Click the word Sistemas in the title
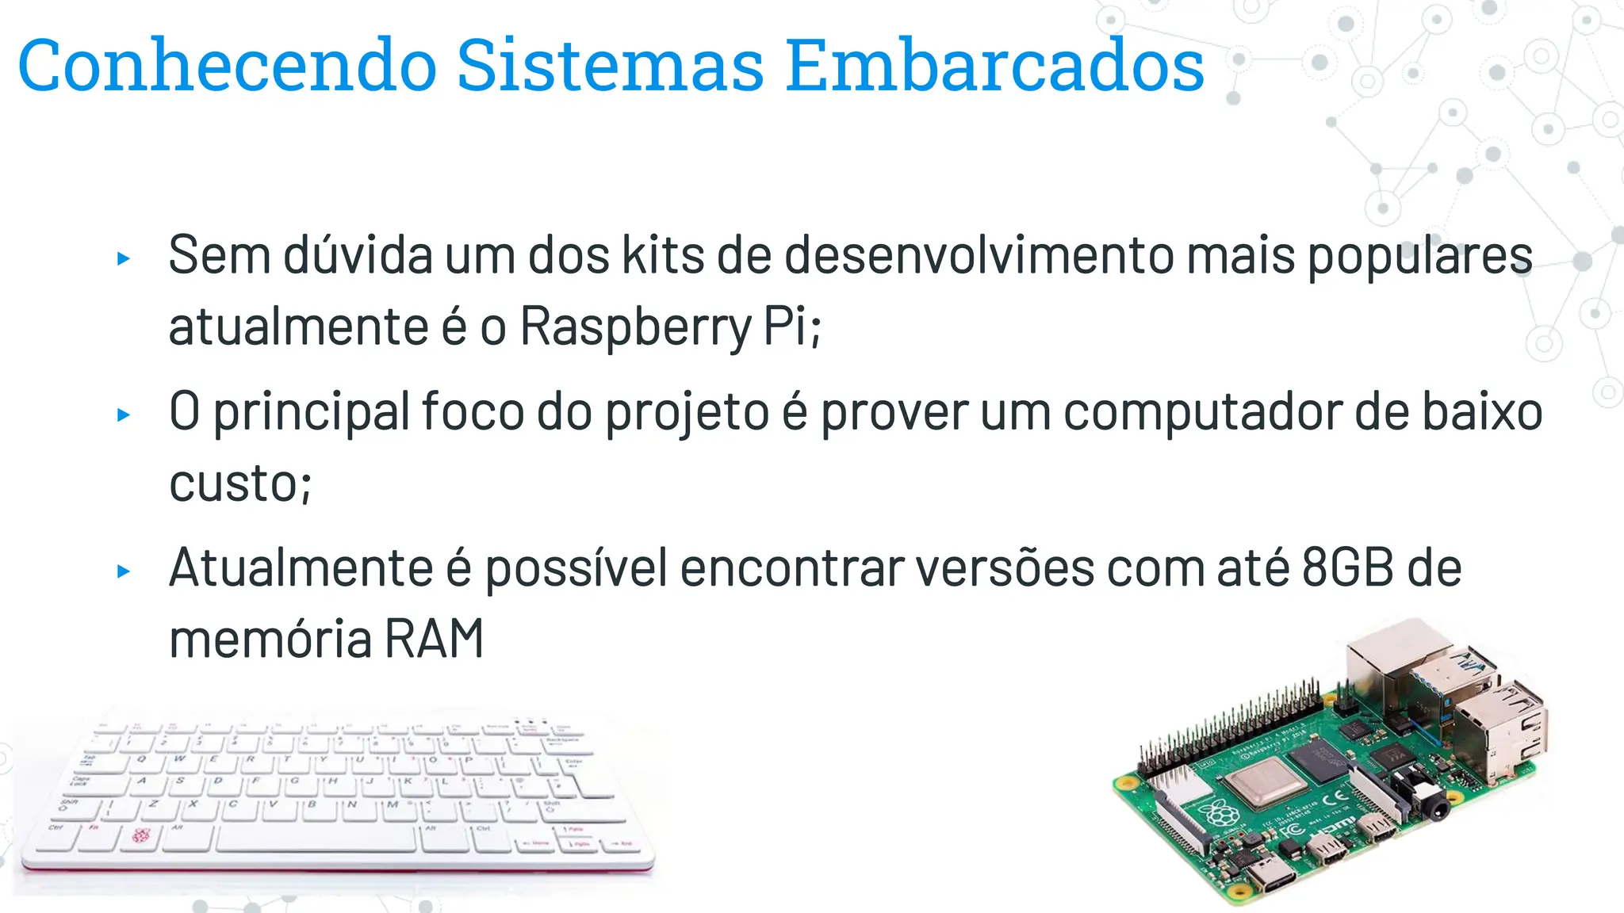point(610,65)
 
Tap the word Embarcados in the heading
point(995,65)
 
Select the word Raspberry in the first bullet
point(635,326)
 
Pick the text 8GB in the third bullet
point(1347,567)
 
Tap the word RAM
point(434,639)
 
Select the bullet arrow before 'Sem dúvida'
point(123,258)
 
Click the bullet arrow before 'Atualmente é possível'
point(123,571)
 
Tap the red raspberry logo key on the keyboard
point(141,835)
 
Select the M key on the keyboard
point(392,804)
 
